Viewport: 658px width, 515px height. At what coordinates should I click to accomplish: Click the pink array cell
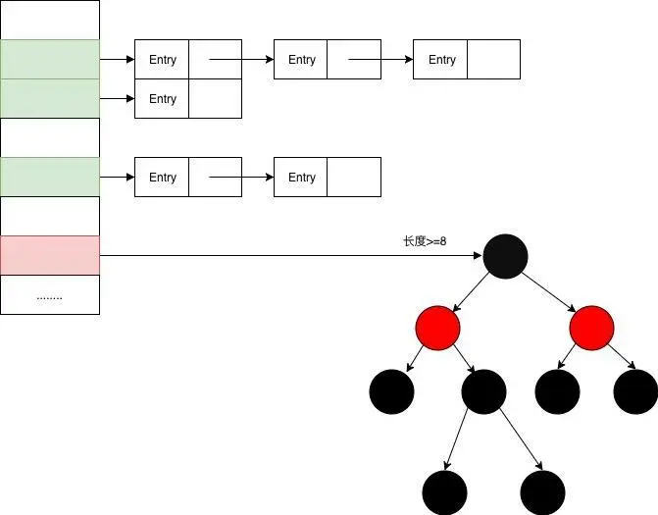click(50, 255)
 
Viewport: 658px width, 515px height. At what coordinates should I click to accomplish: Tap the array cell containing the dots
click(50, 294)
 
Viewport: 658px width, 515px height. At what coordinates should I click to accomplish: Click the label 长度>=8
click(425, 241)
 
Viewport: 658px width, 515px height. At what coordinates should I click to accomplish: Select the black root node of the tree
click(505, 256)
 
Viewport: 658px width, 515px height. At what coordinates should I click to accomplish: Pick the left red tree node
click(437, 327)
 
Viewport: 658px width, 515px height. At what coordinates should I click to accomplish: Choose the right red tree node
click(591, 327)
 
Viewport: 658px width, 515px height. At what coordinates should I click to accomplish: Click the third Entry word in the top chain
click(442, 60)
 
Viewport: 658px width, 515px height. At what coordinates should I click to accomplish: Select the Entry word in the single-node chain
click(163, 99)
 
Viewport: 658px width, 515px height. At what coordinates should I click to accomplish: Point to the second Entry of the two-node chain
click(302, 178)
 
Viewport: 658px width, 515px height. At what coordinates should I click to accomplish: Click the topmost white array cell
click(50, 20)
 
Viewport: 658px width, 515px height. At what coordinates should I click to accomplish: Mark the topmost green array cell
click(50, 59)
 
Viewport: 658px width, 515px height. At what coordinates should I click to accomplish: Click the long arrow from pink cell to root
click(294, 256)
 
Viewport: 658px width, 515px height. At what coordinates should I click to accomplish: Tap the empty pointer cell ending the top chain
click(493, 59)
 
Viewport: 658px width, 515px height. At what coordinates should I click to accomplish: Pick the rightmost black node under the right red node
click(634, 391)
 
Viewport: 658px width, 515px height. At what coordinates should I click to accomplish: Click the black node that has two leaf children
click(483, 391)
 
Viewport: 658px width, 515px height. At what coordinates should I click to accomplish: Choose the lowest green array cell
click(50, 177)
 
